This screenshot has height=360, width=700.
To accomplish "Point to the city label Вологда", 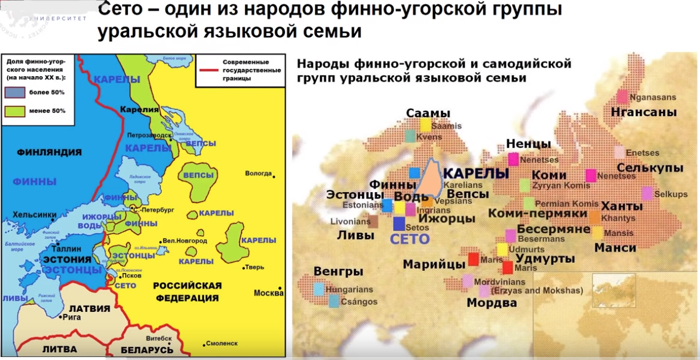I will point(258,174).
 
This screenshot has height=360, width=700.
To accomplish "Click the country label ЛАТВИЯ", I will point(90,308).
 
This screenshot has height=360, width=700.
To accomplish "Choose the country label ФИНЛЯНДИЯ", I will point(49,152).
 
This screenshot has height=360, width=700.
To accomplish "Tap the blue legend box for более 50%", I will point(16,92).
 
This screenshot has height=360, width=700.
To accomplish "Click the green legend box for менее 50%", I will point(16,111).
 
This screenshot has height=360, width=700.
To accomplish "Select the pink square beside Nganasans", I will point(623,96).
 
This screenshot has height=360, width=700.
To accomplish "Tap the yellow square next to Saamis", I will point(425,124).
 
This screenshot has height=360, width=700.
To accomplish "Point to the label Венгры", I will point(338,272).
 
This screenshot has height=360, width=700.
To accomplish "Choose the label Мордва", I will point(491,303).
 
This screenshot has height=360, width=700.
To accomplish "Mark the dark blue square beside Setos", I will point(399,224).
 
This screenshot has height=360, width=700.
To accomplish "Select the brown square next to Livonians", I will point(373,222).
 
